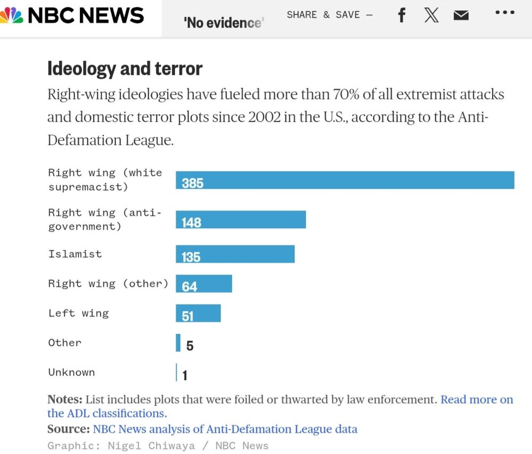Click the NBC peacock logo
point(11,15)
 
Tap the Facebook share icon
point(402,15)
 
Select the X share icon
point(431,15)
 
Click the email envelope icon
point(461,15)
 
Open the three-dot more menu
point(505,13)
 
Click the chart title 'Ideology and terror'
point(125,69)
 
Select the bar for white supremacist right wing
point(345,180)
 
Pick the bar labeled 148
point(240,220)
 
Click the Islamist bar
point(235,254)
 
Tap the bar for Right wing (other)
point(204,284)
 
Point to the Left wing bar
point(198,313)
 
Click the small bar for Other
point(178,343)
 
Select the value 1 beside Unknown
point(185,376)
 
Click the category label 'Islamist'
point(75,254)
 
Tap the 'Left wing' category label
point(78,313)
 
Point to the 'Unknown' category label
point(71,372)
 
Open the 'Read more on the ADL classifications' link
point(477,400)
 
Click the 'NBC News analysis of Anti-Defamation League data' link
point(225,429)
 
